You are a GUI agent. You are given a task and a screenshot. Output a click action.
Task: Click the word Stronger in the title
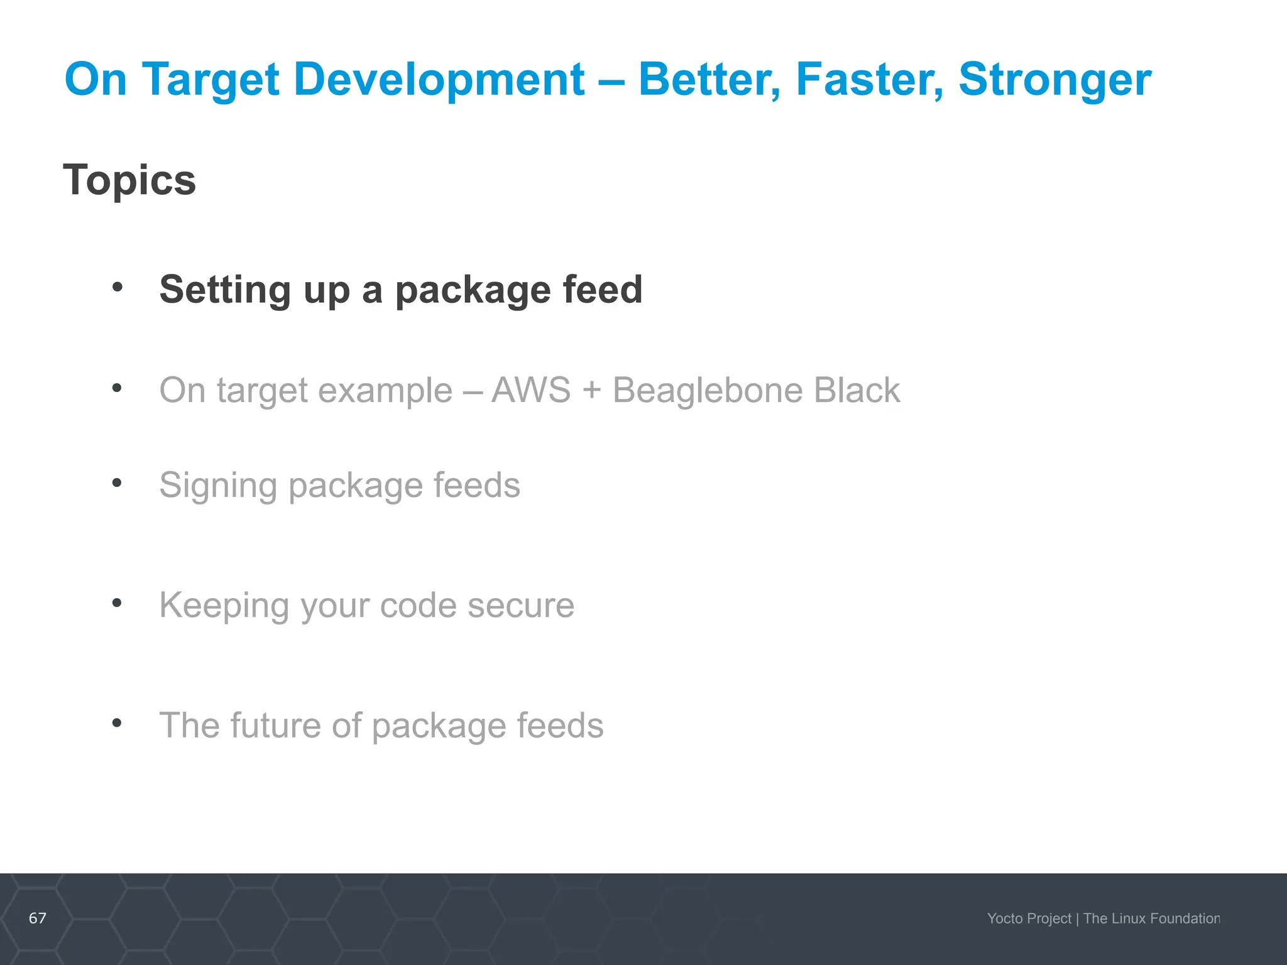pos(1054,80)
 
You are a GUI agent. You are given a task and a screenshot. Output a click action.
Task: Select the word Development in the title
pos(439,80)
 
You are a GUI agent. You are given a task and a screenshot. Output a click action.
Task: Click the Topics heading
pos(129,180)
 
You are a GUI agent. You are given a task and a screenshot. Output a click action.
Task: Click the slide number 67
pos(38,918)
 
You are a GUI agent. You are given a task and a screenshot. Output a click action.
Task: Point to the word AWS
pos(531,390)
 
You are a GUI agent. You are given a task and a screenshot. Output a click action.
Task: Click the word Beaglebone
pos(708,390)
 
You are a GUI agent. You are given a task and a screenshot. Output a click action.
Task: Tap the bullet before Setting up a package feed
pos(117,287)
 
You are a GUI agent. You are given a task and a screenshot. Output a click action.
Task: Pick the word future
pos(276,725)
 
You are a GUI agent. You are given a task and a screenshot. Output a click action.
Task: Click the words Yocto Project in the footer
pos(1029,919)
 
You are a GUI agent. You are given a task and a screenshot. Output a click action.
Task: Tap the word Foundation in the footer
pos(1185,919)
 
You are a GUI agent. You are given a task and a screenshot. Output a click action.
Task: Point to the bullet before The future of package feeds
pos(117,723)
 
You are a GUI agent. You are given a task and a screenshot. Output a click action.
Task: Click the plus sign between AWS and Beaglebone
pos(591,391)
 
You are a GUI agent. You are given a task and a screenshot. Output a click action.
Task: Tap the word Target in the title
pos(211,80)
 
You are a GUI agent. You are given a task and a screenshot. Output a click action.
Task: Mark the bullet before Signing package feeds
pos(117,482)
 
